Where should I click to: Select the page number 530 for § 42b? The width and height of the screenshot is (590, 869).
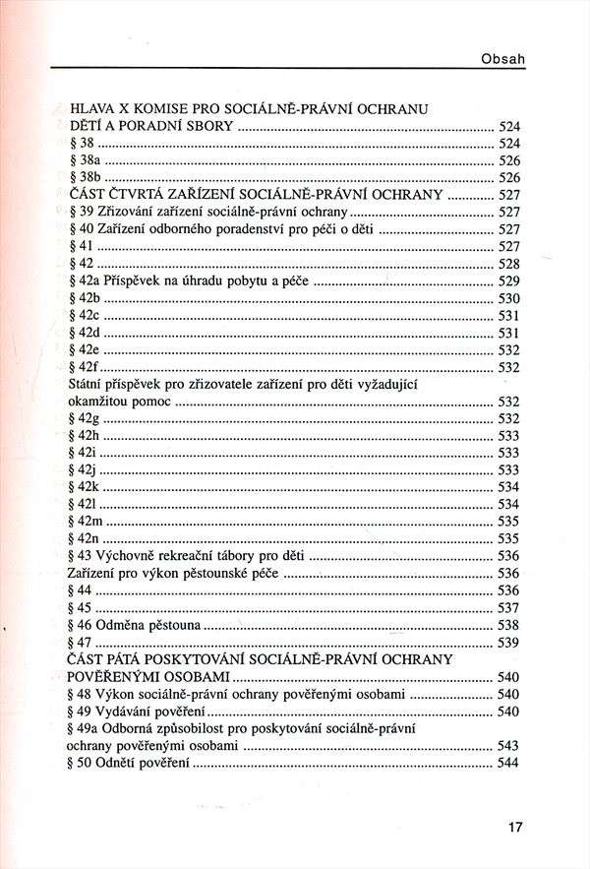click(x=507, y=298)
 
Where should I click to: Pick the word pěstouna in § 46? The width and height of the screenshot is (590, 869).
click(x=172, y=625)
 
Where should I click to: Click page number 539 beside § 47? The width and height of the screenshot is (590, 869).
click(x=507, y=643)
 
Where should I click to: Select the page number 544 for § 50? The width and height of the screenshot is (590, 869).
click(x=507, y=764)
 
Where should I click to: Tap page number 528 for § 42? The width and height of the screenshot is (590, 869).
click(x=507, y=264)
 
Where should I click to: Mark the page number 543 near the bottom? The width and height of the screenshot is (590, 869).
click(x=507, y=746)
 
